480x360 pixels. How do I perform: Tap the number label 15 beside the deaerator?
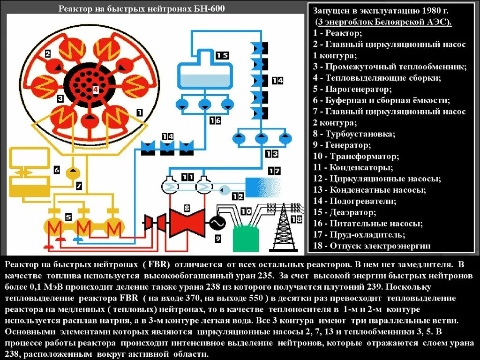pos(222,56)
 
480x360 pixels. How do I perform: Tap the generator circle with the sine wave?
pos(217,223)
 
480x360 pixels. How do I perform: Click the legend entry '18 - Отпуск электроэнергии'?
pos(372,246)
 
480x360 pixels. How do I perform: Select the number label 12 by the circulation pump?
pos(238,196)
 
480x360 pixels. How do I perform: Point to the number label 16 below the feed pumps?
pos(215,120)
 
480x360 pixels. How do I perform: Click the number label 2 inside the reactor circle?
pos(48,54)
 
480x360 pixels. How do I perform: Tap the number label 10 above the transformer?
pos(246,212)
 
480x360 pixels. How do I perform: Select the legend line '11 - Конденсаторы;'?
pos(353,167)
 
